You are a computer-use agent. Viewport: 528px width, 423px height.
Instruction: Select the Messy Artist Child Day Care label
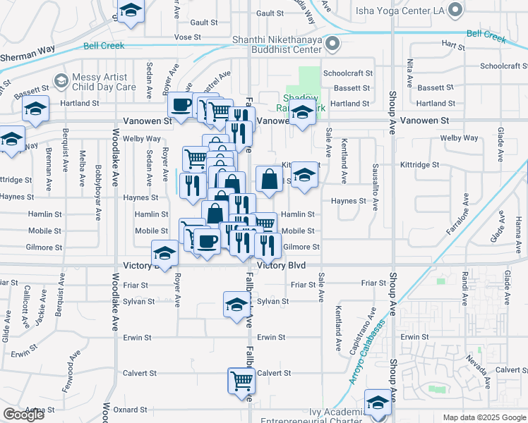104,82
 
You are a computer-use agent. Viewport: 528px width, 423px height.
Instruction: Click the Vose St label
187,37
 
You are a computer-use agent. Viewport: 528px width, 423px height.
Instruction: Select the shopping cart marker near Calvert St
241,381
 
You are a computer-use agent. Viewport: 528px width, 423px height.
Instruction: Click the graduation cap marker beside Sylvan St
236,305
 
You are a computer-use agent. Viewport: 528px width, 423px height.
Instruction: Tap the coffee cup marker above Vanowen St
181,106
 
